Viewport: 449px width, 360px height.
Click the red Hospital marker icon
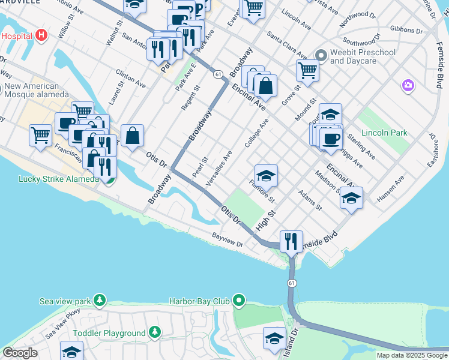coord(41,35)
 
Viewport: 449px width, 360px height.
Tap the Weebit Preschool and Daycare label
coord(363,56)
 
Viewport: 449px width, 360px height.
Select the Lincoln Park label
coord(384,133)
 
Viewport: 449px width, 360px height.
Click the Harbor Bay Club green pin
coord(240,300)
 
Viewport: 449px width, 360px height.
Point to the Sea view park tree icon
coord(99,299)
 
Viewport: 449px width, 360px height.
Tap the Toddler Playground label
coord(109,333)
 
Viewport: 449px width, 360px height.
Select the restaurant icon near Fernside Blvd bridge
coord(291,241)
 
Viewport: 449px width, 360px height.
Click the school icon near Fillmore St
coord(266,175)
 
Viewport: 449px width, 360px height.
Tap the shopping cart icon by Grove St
coord(307,70)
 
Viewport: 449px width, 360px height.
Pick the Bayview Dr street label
coord(227,240)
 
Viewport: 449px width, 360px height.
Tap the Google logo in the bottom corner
coord(20,353)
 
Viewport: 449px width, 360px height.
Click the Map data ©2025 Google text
coord(412,355)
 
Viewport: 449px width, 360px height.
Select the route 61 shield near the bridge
coord(291,283)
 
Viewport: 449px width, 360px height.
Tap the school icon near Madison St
coord(351,197)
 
